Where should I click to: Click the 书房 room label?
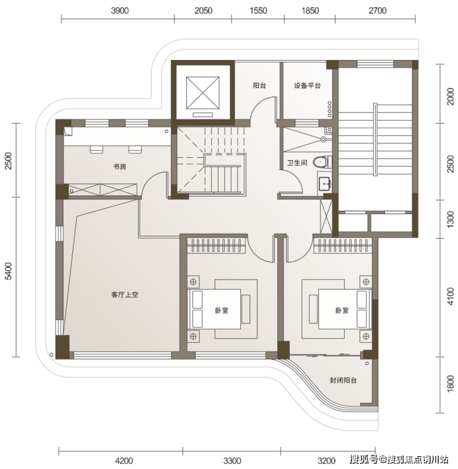pyautogui.click(x=119, y=166)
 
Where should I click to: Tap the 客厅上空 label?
pyautogui.click(x=125, y=295)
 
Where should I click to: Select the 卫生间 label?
pyautogui.click(x=297, y=163)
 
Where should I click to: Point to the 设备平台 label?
pyautogui.click(x=307, y=85)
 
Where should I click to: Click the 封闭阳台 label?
pyautogui.click(x=343, y=380)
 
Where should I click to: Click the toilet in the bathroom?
pyautogui.click(x=322, y=162)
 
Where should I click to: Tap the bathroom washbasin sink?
pyautogui.click(x=325, y=183)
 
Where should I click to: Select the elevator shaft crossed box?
pyautogui.click(x=203, y=93)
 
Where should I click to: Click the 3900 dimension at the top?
pyautogui.click(x=119, y=11)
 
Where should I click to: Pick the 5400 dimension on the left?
pyautogui.click(x=9, y=271)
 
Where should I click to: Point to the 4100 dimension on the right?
pyautogui.click(x=450, y=296)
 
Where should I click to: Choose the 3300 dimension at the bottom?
pyautogui.click(x=232, y=460)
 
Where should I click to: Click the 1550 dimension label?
pyautogui.click(x=258, y=11)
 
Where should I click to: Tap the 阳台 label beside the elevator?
pyautogui.click(x=259, y=85)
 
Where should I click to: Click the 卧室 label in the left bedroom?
pyautogui.click(x=222, y=310)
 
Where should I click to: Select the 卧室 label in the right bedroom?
pyautogui.click(x=342, y=310)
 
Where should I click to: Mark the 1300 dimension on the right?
pyautogui.click(x=450, y=219)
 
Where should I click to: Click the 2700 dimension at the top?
pyautogui.click(x=378, y=11)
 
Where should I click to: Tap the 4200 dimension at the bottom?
pyautogui.click(x=124, y=460)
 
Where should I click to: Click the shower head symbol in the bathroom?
pyautogui.click(x=323, y=139)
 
